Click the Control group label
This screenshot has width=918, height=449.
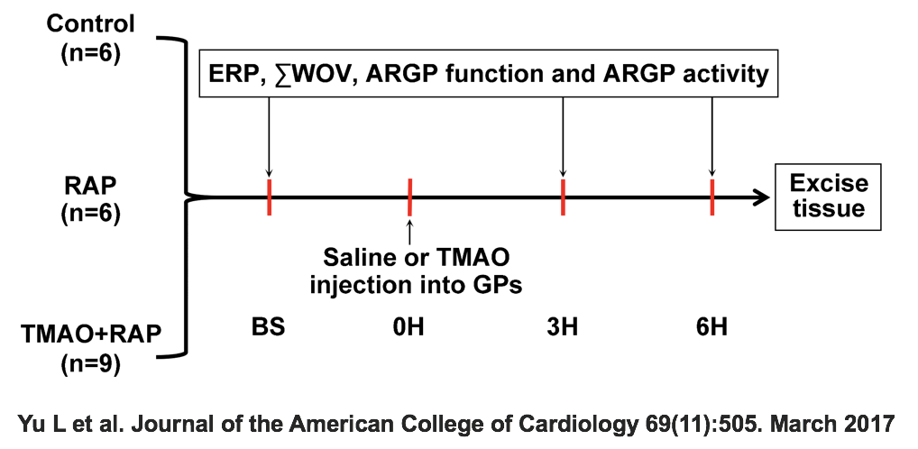[x=91, y=24]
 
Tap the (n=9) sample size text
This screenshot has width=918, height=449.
[x=91, y=364]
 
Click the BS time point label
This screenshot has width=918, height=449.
[x=269, y=326]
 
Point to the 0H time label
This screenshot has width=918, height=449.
[x=409, y=326]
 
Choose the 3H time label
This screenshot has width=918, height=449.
[x=563, y=326]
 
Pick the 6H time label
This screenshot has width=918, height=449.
[x=711, y=326]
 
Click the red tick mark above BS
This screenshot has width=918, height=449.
[x=270, y=197]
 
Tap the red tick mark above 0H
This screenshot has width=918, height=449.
[x=409, y=197]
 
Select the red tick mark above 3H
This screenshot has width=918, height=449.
[x=563, y=197]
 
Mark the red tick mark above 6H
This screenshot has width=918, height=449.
[x=711, y=197]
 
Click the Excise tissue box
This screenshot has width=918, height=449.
[x=828, y=197]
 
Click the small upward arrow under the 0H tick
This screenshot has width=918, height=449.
[x=409, y=230]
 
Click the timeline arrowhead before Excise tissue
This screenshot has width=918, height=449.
[x=761, y=197]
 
